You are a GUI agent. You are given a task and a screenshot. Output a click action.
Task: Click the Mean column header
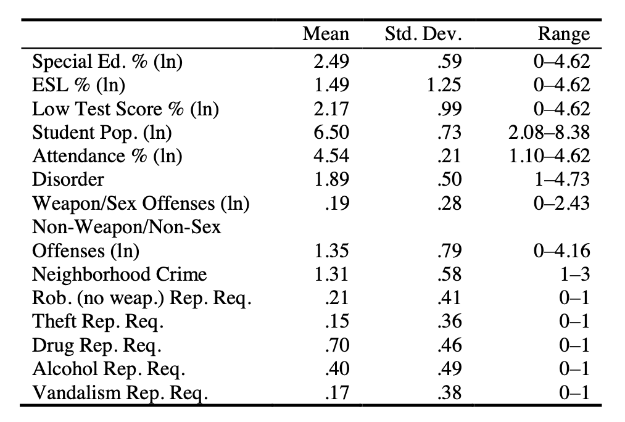326,34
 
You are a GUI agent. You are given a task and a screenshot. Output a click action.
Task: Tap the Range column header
563,34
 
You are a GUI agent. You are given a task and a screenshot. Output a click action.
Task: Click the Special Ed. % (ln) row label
108,62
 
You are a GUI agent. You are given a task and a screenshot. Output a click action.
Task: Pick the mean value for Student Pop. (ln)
331,133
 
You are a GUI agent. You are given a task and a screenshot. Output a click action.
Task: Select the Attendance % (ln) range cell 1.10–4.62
550,156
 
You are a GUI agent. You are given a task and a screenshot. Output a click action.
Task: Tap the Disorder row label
68,180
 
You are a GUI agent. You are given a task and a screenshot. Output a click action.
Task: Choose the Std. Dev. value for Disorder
450,180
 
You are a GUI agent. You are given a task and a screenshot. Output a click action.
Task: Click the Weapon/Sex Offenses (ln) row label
141,204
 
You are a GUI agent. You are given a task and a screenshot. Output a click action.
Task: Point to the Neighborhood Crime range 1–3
574,275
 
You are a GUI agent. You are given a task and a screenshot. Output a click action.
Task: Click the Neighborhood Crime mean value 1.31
331,275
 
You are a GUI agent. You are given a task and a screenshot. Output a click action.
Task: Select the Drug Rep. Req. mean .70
336,345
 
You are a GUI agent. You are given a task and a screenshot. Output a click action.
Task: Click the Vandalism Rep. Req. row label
120,393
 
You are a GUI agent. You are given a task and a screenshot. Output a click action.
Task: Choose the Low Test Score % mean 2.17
331,109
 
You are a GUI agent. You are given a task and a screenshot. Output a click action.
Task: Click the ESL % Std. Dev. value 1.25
444,85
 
